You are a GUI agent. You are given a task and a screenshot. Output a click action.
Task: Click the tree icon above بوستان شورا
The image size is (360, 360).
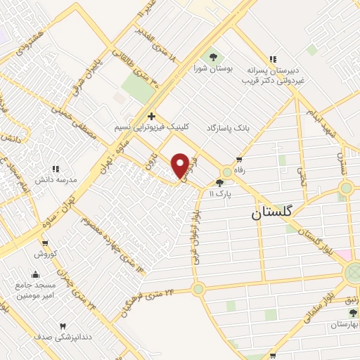(x=210, y=56)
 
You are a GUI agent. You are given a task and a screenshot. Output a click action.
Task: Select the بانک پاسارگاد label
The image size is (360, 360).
(x=229, y=129)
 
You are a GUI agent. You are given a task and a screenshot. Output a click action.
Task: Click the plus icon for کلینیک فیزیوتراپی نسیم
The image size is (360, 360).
(x=151, y=115)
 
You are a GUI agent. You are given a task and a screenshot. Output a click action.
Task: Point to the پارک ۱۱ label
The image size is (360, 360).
(x=224, y=193)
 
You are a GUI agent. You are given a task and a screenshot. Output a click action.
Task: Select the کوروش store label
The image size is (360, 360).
(x=47, y=252)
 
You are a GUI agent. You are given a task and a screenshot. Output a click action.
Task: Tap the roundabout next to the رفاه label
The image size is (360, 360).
(x=226, y=172)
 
